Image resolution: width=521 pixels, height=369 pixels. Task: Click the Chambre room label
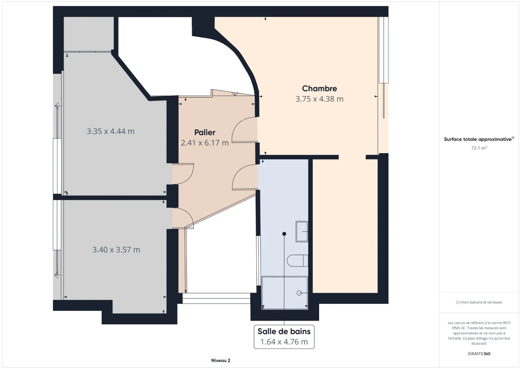click(x=319, y=88)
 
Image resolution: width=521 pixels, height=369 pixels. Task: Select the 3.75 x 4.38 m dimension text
click(x=319, y=99)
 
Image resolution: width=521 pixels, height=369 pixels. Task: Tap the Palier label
click(x=205, y=132)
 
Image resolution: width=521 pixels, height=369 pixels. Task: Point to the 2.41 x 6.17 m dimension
click(x=205, y=143)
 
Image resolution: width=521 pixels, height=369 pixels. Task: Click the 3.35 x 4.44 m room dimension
click(x=110, y=131)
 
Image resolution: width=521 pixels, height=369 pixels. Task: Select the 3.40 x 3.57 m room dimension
click(x=116, y=250)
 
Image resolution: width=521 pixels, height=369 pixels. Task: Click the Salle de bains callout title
click(x=284, y=331)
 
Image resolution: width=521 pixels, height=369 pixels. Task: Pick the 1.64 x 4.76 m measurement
click(x=284, y=342)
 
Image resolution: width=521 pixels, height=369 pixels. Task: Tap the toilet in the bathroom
click(x=298, y=260)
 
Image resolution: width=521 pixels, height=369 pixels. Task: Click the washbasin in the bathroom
click(x=302, y=232)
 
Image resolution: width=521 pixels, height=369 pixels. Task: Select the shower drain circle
click(x=299, y=293)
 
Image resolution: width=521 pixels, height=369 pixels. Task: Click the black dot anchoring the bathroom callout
click(x=284, y=234)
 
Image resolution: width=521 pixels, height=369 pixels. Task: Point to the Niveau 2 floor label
click(x=221, y=361)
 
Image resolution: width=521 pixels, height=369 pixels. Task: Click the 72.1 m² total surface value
click(x=479, y=148)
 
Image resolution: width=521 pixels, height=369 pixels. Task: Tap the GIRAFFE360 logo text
click(x=479, y=354)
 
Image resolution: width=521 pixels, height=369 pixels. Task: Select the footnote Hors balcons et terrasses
click(x=479, y=302)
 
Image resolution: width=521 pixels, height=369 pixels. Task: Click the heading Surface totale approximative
click(x=479, y=139)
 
